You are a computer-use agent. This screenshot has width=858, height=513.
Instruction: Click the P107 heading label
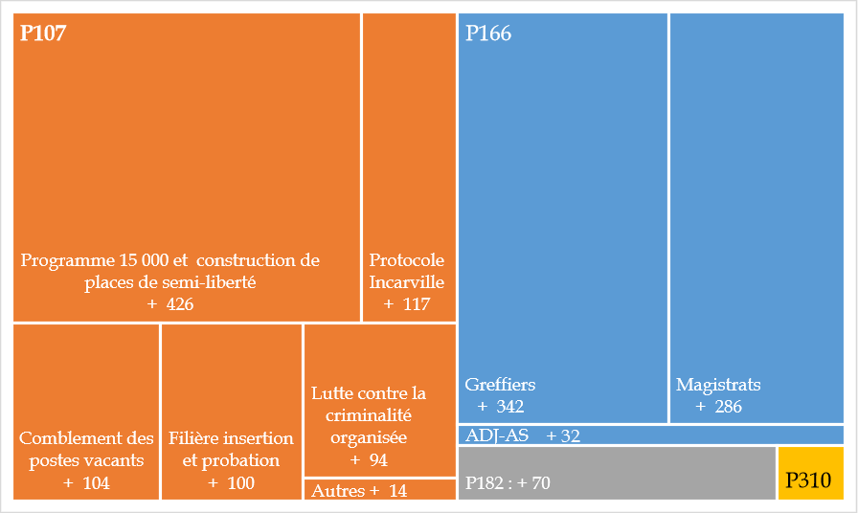(43, 33)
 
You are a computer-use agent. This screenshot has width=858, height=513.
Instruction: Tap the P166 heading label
(488, 33)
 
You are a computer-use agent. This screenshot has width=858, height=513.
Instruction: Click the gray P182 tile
(616, 473)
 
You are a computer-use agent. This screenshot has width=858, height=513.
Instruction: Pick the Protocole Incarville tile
(407, 167)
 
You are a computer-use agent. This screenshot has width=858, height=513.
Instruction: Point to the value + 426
(170, 304)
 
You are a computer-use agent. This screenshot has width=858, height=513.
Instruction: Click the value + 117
(407, 304)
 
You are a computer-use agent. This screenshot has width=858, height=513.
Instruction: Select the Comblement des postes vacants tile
(86, 412)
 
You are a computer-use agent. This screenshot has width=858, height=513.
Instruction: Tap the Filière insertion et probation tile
(231, 412)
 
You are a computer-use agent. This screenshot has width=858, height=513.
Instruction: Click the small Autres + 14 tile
(378, 490)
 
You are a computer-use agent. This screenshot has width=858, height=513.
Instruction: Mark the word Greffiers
(500, 385)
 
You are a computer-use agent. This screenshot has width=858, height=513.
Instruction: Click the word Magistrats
(718, 385)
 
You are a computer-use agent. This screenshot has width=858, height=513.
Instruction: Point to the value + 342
(501, 407)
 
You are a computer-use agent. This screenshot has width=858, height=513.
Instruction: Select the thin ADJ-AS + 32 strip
(649, 435)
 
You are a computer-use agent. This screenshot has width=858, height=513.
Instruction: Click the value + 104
(86, 483)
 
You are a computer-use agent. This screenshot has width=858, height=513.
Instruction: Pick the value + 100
(231, 483)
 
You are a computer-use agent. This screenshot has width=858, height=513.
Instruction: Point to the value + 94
(369, 460)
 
